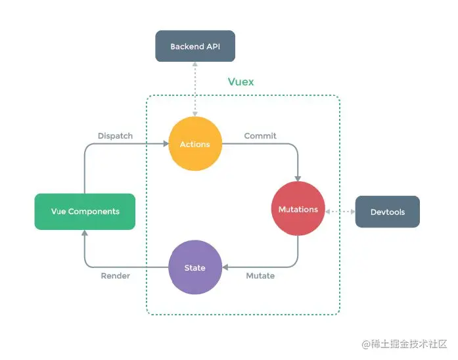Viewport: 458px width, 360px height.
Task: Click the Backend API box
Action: click(195, 47)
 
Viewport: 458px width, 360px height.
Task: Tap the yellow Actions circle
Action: click(195, 144)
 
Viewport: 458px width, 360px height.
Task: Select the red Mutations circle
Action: click(298, 210)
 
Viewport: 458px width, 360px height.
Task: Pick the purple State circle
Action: click(195, 267)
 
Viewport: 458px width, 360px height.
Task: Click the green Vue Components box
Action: click(85, 212)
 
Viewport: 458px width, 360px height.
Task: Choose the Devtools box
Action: click(387, 212)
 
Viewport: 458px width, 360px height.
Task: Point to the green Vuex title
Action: click(240, 82)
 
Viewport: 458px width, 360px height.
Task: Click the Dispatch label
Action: click(115, 136)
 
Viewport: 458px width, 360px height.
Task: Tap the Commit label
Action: click(260, 136)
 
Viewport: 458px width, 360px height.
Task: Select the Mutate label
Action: click(260, 276)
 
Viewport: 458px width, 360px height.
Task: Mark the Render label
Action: click(115, 276)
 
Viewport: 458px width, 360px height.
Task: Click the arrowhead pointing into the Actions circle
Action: click(165, 144)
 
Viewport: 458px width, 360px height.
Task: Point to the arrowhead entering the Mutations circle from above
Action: click(298, 178)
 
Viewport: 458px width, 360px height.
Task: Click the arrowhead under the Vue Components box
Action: click(85, 233)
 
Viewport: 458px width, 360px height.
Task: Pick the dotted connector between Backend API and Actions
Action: click(195, 89)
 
